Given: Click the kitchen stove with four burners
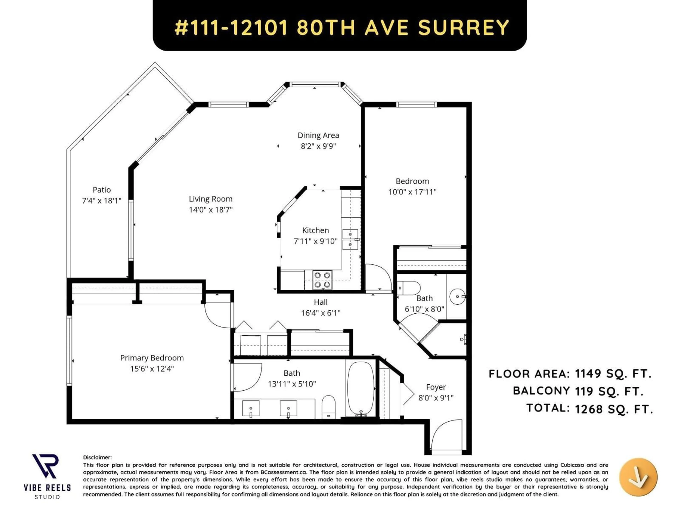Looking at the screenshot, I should click(x=322, y=280).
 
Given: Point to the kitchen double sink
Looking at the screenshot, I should click(x=350, y=239).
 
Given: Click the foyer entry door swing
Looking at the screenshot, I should click(x=446, y=435).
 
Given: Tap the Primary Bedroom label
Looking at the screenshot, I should click(x=152, y=358).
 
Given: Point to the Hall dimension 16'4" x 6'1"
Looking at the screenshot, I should click(x=321, y=313).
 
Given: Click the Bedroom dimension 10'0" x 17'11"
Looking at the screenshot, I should click(x=412, y=192).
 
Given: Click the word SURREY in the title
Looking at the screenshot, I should click(x=464, y=27).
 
